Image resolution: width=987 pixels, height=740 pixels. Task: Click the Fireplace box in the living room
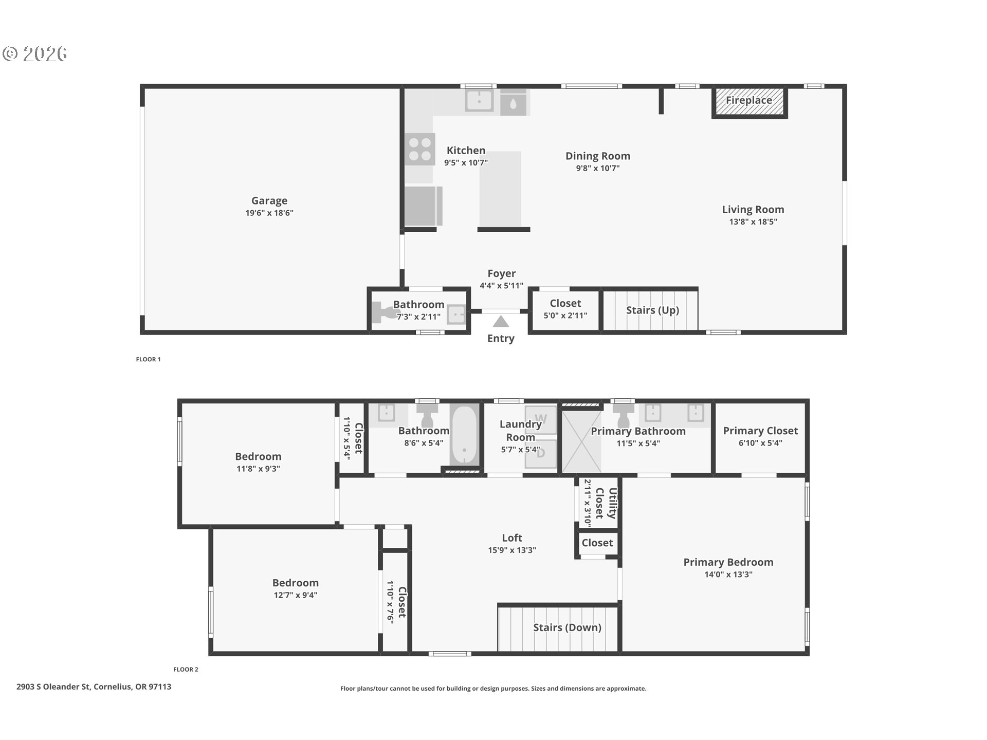tap(749, 102)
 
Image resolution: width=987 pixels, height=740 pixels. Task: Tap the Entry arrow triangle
tap(500, 322)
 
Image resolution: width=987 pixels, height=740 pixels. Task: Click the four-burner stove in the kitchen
tap(419, 149)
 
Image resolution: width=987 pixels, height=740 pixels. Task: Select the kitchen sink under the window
tap(479, 101)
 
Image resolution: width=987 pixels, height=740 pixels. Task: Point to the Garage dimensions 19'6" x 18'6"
tap(269, 213)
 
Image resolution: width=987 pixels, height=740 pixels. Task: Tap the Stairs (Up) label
tap(652, 310)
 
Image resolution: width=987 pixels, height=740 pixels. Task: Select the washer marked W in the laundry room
tap(540, 419)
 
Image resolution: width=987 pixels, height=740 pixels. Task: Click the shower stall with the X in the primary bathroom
tap(581, 441)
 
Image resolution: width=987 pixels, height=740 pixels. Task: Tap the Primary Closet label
tap(760, 431)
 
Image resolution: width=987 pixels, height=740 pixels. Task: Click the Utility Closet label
tap(606, 503)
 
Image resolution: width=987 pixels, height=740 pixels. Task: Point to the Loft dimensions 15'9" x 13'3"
tap(511, 550)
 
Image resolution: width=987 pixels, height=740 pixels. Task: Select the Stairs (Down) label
tap(566, 627)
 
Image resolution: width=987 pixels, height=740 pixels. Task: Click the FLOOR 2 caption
tap(186, 670)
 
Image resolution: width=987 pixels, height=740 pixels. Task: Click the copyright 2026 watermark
tap(35, 54)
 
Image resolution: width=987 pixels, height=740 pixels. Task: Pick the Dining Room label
tap(597, 156)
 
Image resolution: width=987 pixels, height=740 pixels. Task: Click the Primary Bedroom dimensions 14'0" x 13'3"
tap(728, 575)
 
